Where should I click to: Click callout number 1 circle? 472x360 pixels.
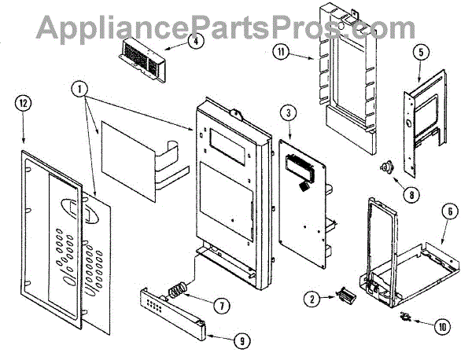click(x=79, y=89)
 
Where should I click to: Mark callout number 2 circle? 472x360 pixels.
click(x=313, y=299)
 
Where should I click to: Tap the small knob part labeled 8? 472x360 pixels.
click(x=386, y=166)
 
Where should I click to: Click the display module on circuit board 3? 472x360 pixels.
click(x=302, y=167)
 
